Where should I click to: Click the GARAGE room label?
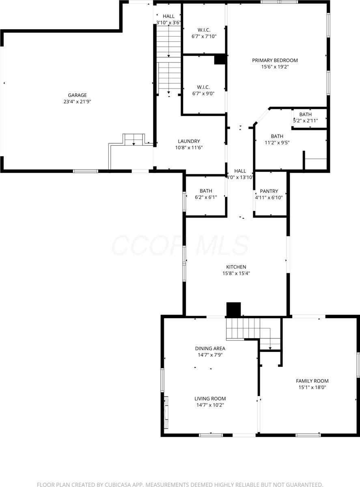[x=77, y=95]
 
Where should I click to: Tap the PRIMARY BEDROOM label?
[x=275, y=60]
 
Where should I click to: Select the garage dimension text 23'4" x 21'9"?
[x=77, y=102]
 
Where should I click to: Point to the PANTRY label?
[x=269, y=191]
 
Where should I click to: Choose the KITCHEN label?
[x=236, y=267]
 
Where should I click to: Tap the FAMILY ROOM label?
[x=312, y=381]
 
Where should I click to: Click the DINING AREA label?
[x=210, y=348]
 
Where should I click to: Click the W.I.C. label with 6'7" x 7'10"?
[x=203, y=30]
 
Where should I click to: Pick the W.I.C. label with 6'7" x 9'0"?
[x=203, y=87]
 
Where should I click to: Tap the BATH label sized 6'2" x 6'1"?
[x=206, y=191]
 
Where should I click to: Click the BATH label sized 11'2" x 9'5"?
[x=277, y=136]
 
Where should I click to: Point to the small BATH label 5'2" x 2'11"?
[x=306, y=114]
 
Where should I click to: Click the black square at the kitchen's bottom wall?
[x=233, y=310]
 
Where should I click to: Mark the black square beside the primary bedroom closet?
[x=220, y=59]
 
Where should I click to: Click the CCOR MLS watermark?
[x=180, y=245]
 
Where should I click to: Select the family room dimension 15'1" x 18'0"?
[x=312, y=387]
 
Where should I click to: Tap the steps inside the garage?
[x=134, y=139]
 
